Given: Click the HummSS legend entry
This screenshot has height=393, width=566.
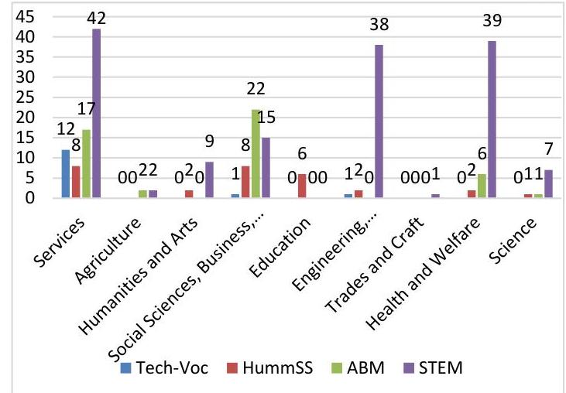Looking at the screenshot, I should [272, 368].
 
